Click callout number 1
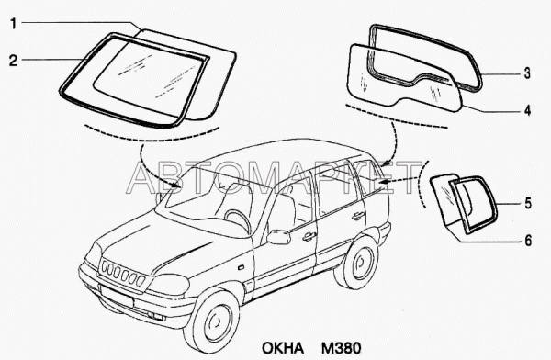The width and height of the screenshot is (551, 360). pyautogui.click(x=14, y=24)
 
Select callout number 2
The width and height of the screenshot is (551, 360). pyautogui.click(x=13, y=61)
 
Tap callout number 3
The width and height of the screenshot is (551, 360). pyautogui.click(x=527, y=73)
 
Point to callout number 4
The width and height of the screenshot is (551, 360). pyautogui.click(x=527, y=110)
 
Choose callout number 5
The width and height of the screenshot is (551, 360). pyautogui.click(x=528, y=204)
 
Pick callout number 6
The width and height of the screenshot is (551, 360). pyautogui.click(x=528, y=241)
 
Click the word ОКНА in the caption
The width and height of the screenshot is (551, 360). pyautogui.click(x=282, y=348)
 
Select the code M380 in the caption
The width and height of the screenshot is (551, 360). pyautogui.click(x=341, y=348)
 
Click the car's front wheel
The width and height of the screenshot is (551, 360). pyautogui.click(x=212, y=322)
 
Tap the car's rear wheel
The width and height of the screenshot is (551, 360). pyautogui.click(x=357, y=263)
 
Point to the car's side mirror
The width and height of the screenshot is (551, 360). pyautogui.click(x=278, y=237)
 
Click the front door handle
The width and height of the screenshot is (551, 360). pyautogui.click(x=309, y=237)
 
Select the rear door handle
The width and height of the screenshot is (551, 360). pyautogui.click(x=358, y=216)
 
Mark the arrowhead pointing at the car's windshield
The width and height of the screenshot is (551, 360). pyautogui.click(x=178, y=185)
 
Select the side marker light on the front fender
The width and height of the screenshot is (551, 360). pyautogui.click(x=241, y=267)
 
